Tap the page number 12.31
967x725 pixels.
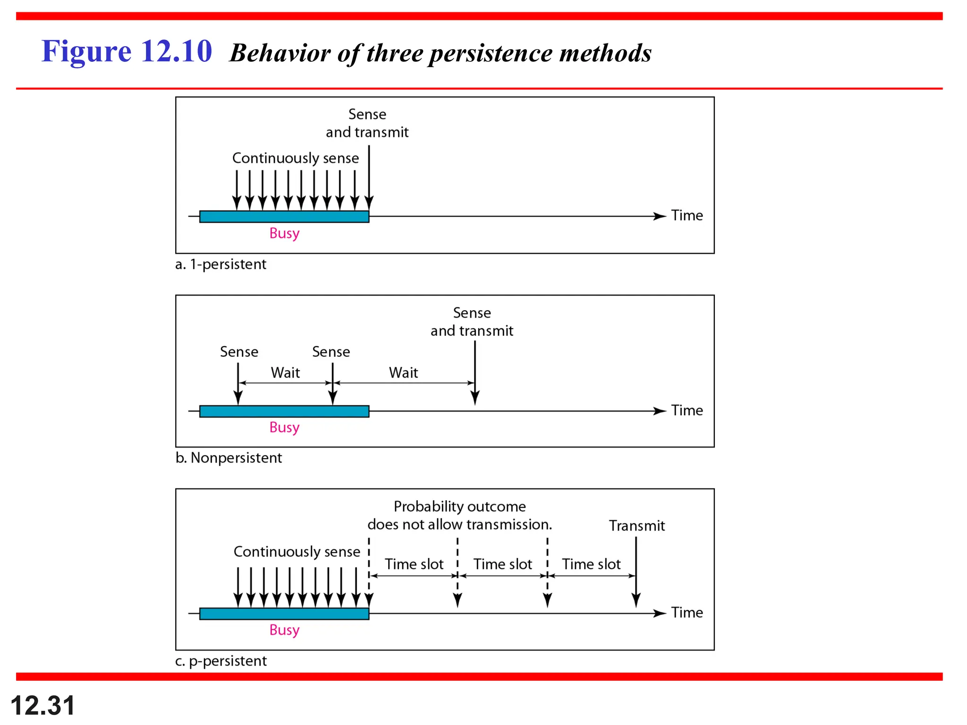pos(42,706)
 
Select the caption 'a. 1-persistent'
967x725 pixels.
pos(221,264)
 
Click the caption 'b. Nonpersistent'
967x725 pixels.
pos(229,458)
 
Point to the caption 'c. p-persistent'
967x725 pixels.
pos(221,661)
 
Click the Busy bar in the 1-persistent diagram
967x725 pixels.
pos(284,217)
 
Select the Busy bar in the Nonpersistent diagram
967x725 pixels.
pos(284,412)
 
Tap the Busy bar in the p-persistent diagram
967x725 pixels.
pos(284,614)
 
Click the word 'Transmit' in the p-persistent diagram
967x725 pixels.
pos(636,526)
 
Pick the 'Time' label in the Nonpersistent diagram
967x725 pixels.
pos(687,411)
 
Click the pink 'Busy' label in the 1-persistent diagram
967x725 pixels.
pos(284,233)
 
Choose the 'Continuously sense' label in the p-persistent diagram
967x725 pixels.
pos(297,552)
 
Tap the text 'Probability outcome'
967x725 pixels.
pos(459,506)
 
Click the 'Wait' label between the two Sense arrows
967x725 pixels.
pos(285,373)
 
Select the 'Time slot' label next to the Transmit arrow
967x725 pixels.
pos(591,564)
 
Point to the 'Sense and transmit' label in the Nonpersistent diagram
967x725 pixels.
pos(472,322)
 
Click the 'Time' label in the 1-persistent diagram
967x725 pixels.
pos(687,216)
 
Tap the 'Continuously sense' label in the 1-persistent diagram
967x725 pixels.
pos(296,158)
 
